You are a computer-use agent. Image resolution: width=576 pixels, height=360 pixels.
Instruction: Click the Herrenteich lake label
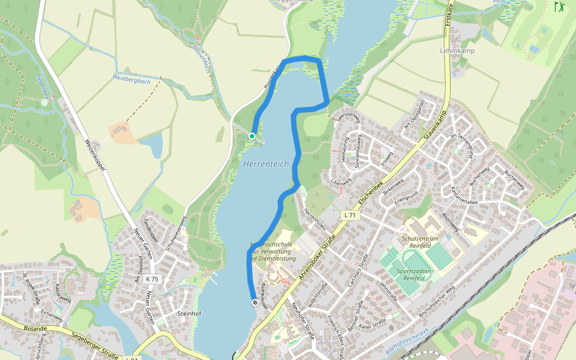[266, 163]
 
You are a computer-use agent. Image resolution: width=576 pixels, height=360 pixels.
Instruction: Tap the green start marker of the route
[252, 136]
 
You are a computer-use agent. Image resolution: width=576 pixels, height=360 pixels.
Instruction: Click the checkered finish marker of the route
[254, 303]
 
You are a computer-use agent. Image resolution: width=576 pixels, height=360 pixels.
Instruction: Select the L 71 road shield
[350, 215]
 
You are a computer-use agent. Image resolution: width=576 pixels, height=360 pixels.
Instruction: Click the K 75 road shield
[152, 279]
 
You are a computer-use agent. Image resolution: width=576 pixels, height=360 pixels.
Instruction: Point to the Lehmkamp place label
[457, 51]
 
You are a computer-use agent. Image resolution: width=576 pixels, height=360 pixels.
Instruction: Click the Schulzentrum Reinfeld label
[420, 242]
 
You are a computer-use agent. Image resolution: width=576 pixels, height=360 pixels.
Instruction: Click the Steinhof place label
[189, 313]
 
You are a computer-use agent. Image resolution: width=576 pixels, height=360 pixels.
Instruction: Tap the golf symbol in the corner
[560, 7]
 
